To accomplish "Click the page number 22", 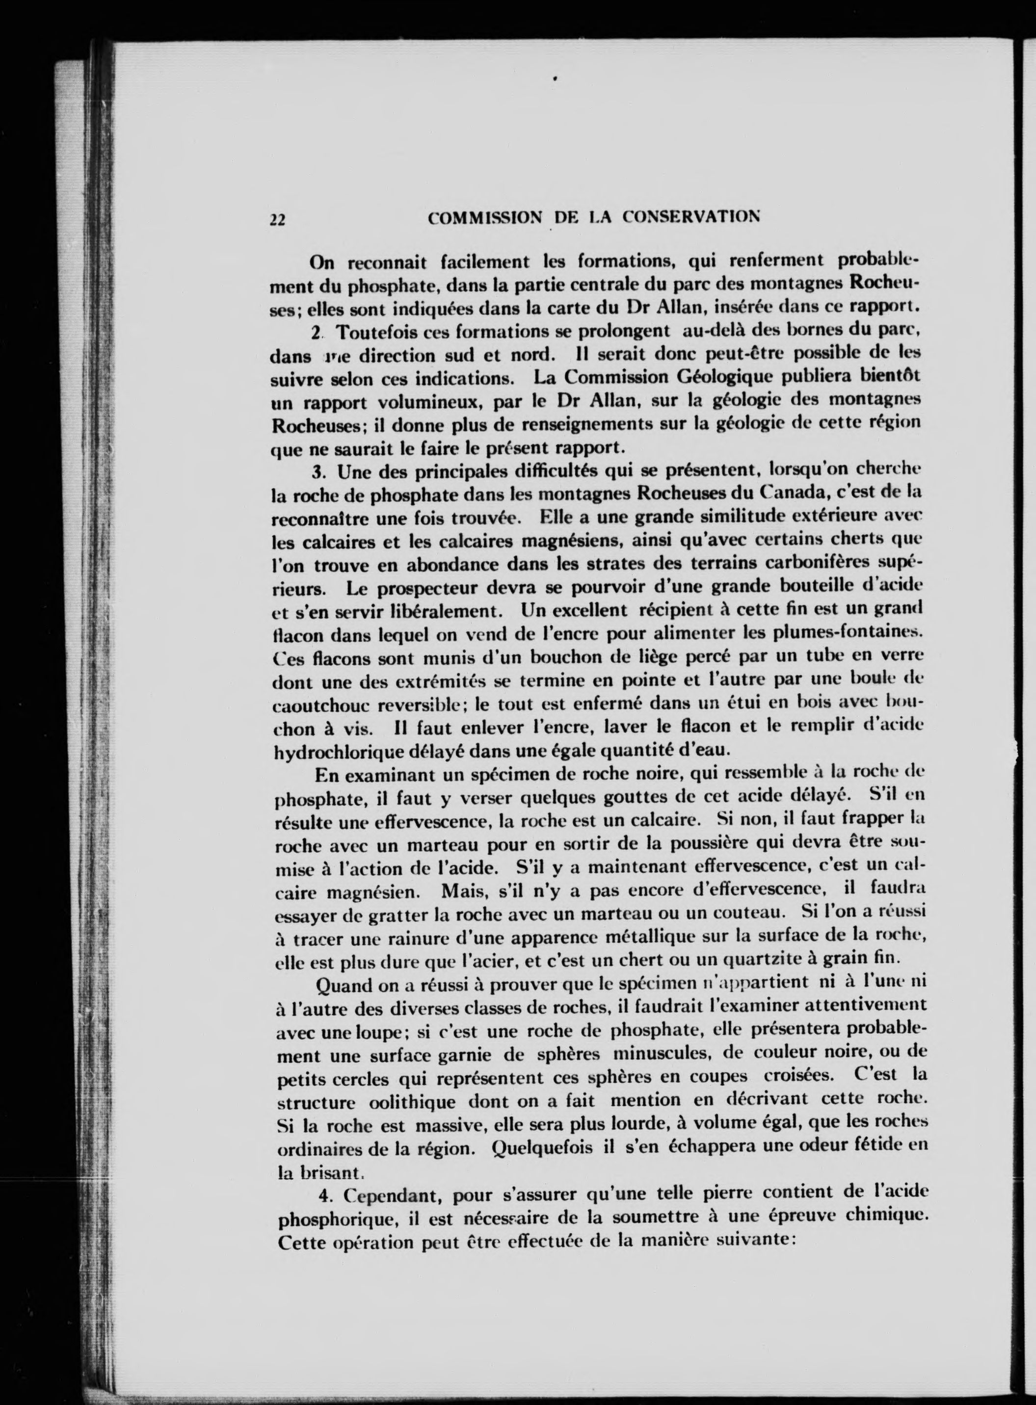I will (x=277, y=219).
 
